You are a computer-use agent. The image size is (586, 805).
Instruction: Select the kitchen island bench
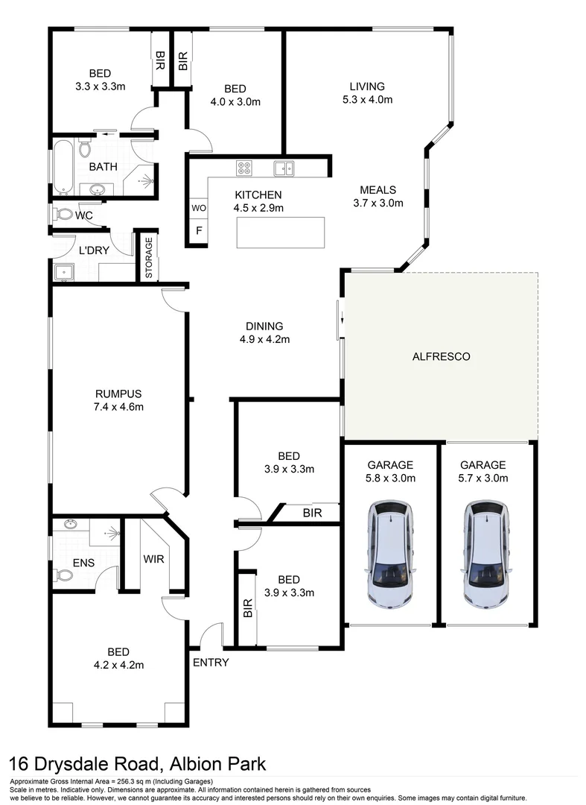click(x=281, y=233)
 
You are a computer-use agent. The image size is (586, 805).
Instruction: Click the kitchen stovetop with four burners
click(x=244, y=168)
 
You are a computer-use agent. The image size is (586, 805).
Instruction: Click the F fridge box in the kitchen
click(x=198, y=231)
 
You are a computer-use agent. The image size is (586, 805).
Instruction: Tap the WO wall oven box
click(x=198, y=208)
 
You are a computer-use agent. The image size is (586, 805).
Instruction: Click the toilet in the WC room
click(x=62, y=215)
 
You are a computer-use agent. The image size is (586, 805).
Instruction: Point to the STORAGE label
click(x=148, y=257)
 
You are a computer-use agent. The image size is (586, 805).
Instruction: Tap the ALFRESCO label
click(x=441, y=357)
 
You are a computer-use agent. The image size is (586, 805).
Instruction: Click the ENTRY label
click(x=211, y=662)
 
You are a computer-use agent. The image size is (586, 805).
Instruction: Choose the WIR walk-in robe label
click(x=153, y=559)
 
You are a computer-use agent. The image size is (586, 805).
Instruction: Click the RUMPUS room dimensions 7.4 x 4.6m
click(x=118, y=407)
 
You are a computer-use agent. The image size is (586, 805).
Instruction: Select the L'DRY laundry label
click(x=95, y=250)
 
